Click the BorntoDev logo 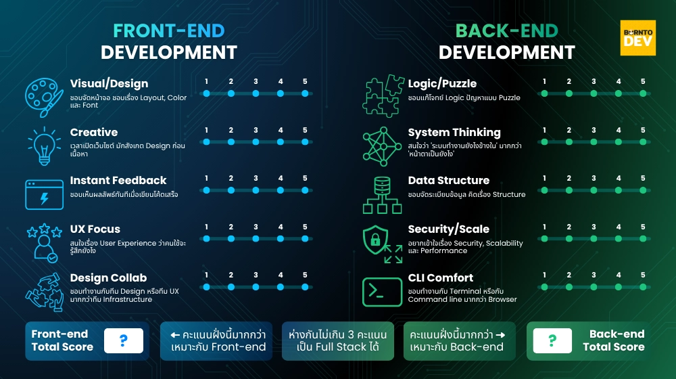tap(637, 38)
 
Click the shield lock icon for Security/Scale tap(379, 241)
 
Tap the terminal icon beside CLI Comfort tap(383, 292)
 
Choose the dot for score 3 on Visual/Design tap(256, 93)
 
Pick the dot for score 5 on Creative tap(305, 142)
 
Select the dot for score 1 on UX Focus tap(206, 239)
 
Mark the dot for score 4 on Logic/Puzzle tap(618, 93)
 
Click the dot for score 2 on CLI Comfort tap(569, 287)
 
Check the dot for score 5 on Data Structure tap(643, 190)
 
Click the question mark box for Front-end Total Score tap(124, 340)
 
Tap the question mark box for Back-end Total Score tap(552, 340)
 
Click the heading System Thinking tap(454, 133)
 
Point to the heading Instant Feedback tap(118, 181)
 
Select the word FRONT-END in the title tap(168, 31)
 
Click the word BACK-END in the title tap(506, 31)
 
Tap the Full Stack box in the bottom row tap(337, 340)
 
